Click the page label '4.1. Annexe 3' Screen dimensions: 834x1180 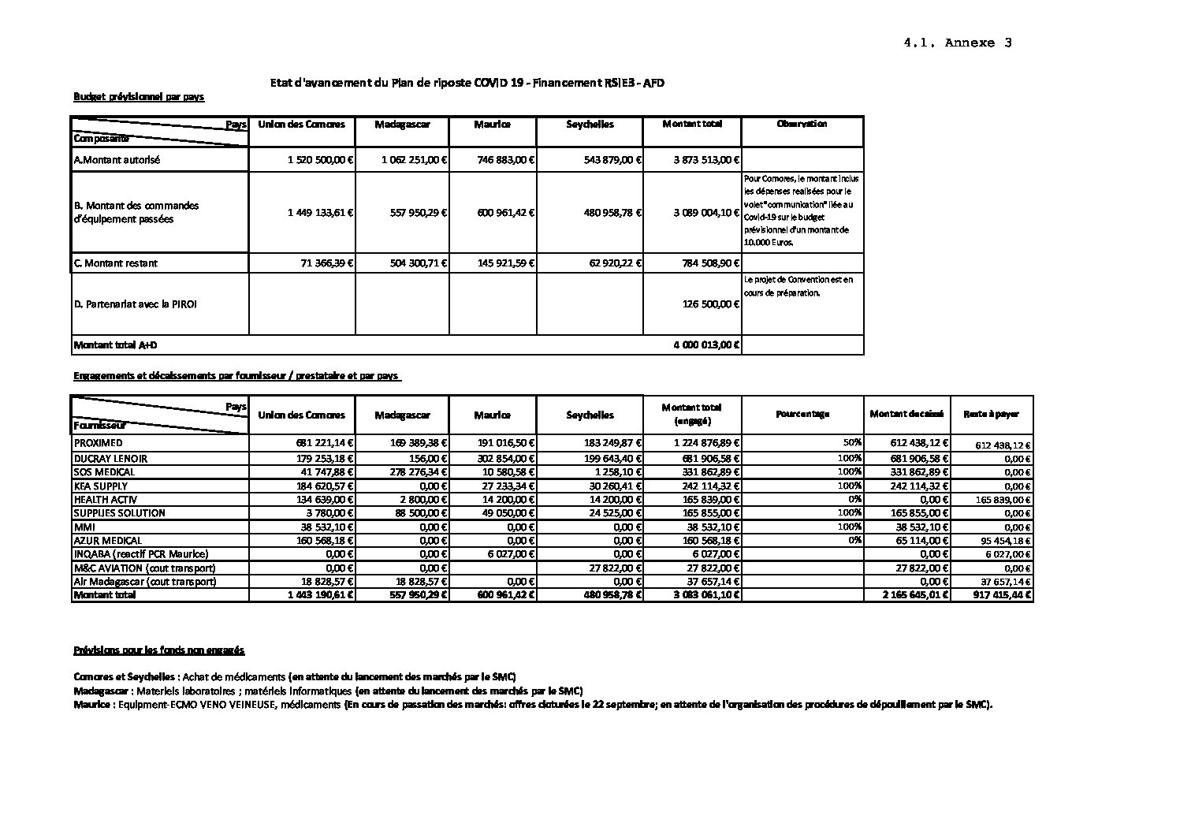(x=958, y=43)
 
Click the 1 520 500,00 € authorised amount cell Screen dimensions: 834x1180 (x=320, y=160)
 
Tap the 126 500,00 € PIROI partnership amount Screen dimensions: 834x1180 (x=711, y=304)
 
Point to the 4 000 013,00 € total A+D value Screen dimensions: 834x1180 (x=707, y=345)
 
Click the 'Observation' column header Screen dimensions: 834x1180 (x=802, y=125)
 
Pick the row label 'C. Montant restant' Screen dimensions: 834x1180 (x=121, y=263)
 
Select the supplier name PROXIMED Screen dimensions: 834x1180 (x=98, y=444)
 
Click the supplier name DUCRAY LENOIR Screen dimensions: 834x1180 (x=110, y=458)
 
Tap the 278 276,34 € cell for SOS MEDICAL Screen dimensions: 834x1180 (x=419, y=472)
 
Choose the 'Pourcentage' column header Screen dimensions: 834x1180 (x=802, y=415)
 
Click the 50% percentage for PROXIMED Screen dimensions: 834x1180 (x=854, y=444)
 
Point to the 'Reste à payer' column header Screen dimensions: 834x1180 (x=991, y=415)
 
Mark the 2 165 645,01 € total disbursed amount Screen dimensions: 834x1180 (x=915, y=596)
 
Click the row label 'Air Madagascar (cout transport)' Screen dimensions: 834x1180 (x=144, y=582)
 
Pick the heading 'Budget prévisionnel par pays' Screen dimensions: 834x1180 (x=139, y=97)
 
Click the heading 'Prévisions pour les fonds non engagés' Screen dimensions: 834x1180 (x=158, y=650)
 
